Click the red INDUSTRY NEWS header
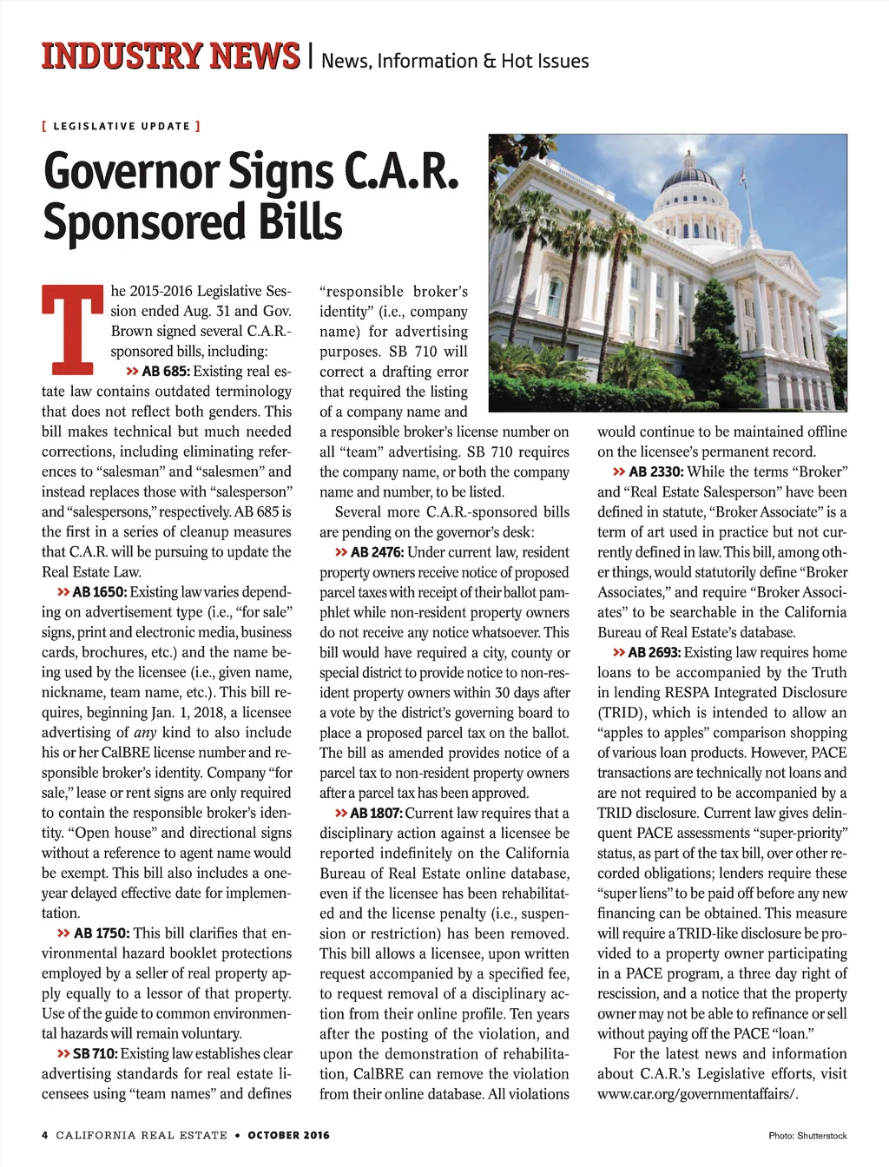click(x=170, y=56)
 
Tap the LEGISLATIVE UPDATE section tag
click(x=122, y=126)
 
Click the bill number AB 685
click(x=165, y=372)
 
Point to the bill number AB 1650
click(x=99, y=592)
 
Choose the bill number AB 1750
click(x=101, y=933)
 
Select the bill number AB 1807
click(x=375, y=814)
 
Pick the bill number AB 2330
click(x=656, y=471)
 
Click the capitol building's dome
click(x=690, y=178)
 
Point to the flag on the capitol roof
click(x=743, y=178)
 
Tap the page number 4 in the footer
click(x=45, y=1135)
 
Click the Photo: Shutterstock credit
click(x=807, y=1136)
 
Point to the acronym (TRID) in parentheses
click(x=620, y=713)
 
